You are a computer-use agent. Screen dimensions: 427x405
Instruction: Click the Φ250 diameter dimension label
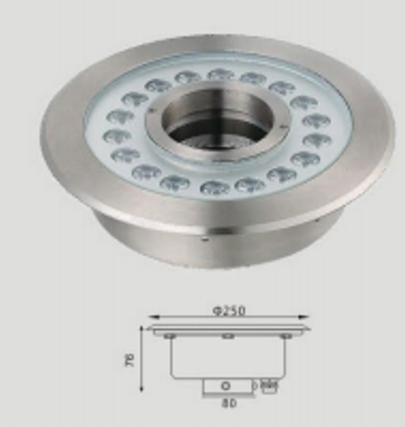click(229, 310)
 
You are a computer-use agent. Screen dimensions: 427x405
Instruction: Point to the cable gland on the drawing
click(269, 386)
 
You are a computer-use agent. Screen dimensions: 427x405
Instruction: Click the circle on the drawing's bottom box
click(225, 385)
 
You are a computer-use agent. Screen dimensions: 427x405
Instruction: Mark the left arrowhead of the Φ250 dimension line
click(151, 316)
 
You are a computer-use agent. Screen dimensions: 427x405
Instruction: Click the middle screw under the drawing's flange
click(229, 336)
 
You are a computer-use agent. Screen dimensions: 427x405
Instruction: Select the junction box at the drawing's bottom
click(227, 385)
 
